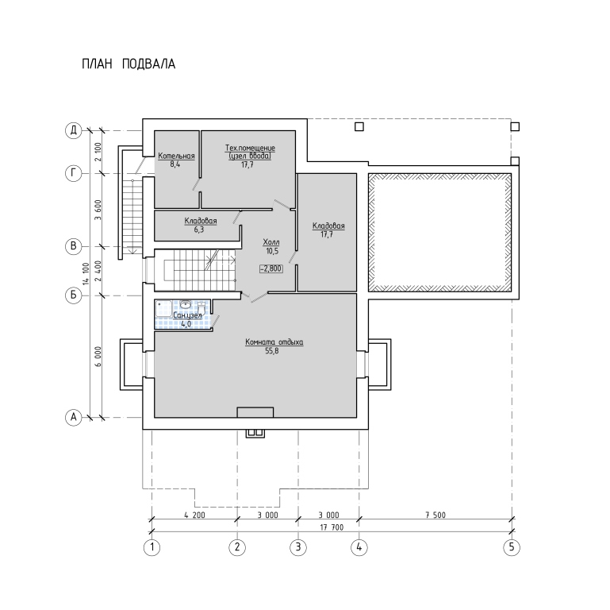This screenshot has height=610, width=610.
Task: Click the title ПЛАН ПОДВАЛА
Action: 129,64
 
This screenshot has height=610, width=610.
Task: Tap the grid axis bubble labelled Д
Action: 73,130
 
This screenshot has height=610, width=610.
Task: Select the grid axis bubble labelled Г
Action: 73,173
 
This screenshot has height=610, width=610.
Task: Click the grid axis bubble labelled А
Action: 73,417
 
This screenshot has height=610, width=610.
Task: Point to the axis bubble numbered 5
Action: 512,547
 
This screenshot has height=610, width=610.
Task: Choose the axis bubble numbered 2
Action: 237,547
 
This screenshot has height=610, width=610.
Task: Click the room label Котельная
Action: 176,156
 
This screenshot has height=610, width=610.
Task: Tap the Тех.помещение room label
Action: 250,148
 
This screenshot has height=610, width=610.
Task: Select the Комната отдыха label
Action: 274,342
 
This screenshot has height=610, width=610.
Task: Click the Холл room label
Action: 271,242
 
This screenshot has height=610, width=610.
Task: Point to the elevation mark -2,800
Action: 271,268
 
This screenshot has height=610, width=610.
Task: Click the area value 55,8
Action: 272,351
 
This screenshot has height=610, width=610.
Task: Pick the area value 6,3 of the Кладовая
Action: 199,230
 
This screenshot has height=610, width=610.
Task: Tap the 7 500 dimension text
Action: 435,515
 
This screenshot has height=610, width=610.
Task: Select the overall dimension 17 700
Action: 332,527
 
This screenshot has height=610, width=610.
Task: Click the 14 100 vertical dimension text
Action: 86,274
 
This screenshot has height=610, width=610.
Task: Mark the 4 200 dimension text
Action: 194,515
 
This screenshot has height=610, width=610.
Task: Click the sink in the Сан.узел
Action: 186,304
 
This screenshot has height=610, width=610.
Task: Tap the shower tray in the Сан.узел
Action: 163,309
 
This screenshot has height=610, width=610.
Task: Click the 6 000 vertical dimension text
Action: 98,357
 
